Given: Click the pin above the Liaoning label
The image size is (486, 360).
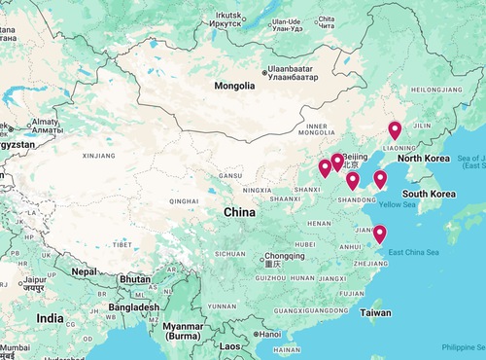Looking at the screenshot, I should click(x=395, y=131).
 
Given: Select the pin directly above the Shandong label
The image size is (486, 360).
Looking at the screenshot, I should click(x=352, y=180).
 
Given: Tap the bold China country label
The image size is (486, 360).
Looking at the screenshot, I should click(x=239, y=212).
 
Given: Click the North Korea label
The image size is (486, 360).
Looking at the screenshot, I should click(x=423, y=158).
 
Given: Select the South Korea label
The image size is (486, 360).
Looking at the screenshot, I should click(x=430, y=194).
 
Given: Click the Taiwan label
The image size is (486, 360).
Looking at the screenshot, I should click(x=376, y=313).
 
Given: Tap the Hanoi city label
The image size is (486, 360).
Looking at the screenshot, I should click(x=266, y=334).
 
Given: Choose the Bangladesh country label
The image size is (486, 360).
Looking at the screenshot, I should click(x=133, y=307).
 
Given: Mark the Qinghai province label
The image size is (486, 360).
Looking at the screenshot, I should click(x=184, y=201).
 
